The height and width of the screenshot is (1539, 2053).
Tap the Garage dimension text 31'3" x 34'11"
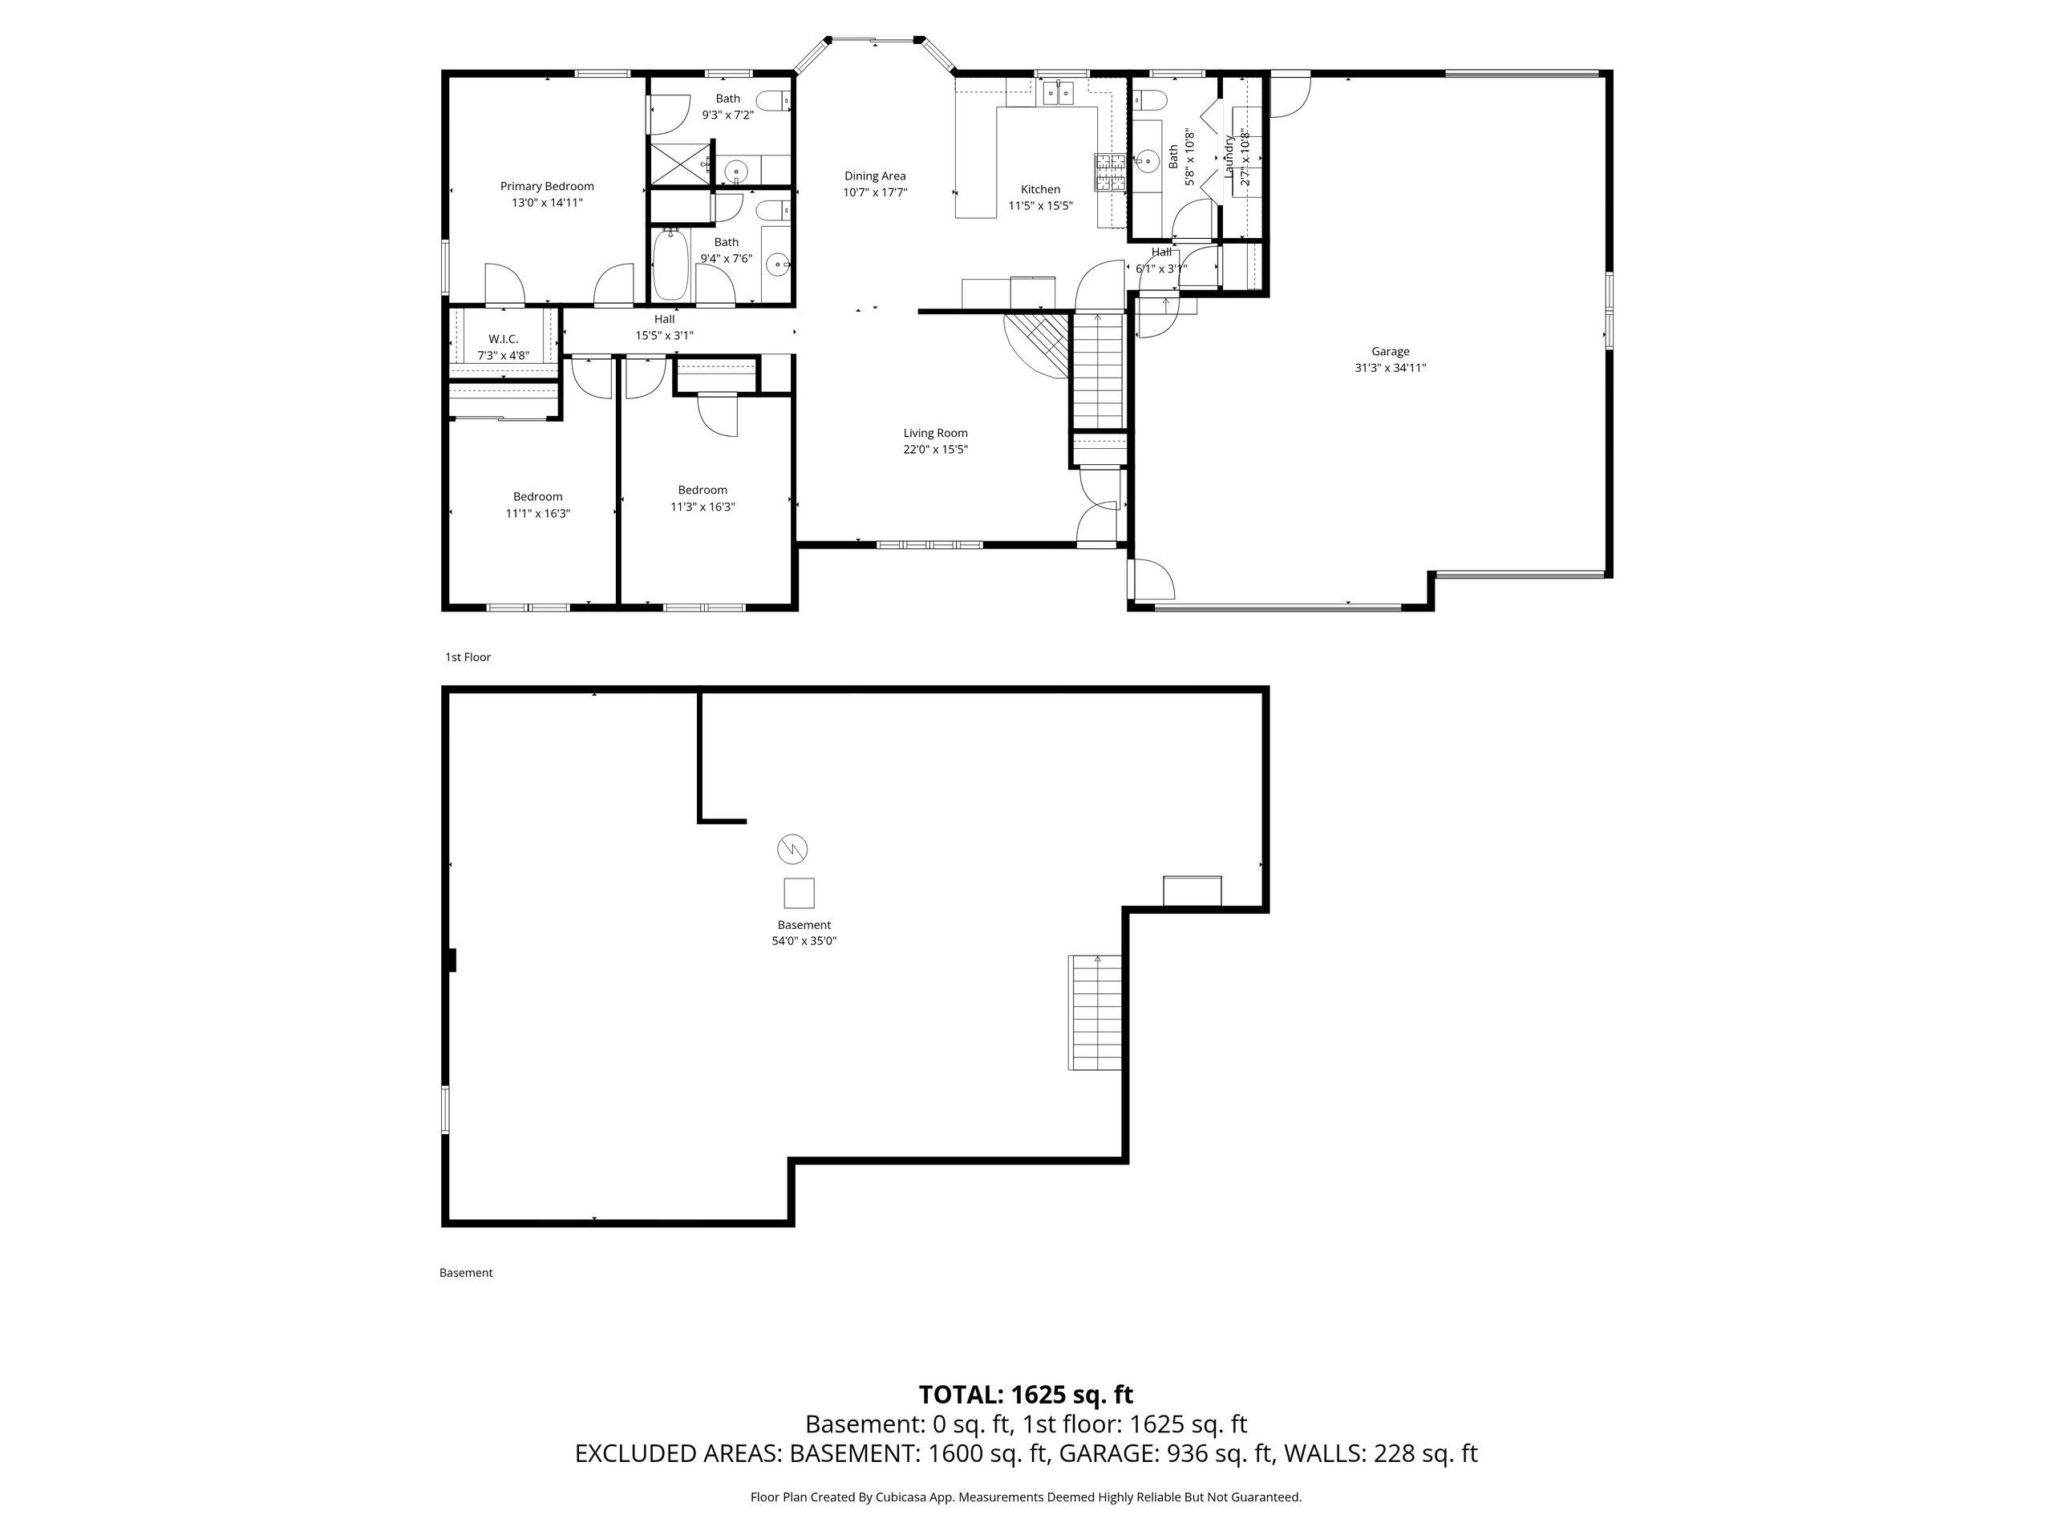(1390, 367)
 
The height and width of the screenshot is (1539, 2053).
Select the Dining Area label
(874, 176)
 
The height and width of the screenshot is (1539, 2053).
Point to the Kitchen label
(1040, 189)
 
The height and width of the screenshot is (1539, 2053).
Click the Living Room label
(936, 433)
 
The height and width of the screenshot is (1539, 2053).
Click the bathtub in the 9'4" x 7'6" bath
(668, 265)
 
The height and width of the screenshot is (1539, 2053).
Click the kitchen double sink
(1058, 93)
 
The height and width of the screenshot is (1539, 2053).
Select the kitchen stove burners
(1109, 172)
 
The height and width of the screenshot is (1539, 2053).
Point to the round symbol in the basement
(792, 849)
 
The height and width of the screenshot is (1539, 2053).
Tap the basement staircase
(1095, 1013)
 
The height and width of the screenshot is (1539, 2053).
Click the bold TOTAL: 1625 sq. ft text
(1026, 1394)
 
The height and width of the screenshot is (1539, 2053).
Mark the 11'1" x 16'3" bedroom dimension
(537, 513)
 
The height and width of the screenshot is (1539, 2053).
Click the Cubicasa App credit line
(1026, 1497)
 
